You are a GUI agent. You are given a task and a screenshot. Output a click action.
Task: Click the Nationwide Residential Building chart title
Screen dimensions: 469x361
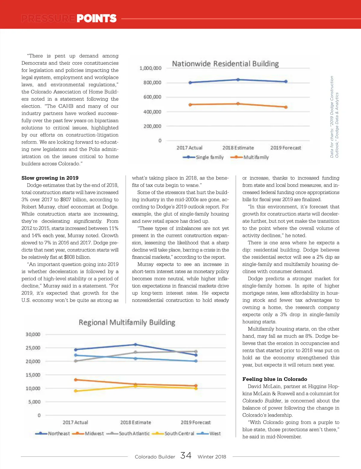(x=225, y=64)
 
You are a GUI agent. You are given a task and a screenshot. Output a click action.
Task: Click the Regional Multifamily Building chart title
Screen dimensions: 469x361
(x=127, y=322)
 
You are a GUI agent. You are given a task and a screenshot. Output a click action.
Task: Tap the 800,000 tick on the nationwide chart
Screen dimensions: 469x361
(x=152, y=82)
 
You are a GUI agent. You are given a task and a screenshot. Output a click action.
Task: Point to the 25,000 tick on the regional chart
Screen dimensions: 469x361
(x=33, y=348)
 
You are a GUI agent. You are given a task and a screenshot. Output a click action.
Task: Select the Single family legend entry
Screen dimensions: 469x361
(x=203, y=157)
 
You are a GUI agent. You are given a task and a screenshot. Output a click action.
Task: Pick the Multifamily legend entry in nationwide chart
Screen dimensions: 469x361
(x=250, y=157)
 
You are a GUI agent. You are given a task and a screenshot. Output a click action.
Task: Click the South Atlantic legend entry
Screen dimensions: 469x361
(x=128, y=433)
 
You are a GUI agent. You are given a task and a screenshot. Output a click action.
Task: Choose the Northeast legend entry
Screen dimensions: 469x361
(x=53, y=433)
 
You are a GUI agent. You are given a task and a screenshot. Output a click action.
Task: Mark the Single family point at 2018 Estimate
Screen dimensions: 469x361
(x=238, y=80)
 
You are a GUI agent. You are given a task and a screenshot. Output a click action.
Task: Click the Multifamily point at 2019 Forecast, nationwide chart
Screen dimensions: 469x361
(x=286, y=107)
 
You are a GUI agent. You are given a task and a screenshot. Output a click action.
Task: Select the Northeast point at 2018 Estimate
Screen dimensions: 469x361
(x=135, y=344)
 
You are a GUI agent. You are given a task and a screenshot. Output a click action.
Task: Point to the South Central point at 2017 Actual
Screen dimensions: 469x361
(x=76, y=391)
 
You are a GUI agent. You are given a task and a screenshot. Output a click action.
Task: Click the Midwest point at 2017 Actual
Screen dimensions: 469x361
(x=76, y=380)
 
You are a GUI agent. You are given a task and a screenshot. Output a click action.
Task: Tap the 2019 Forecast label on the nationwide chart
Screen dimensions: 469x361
(x=285, y=148)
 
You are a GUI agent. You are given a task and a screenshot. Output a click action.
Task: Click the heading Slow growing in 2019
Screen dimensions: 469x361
(x=50, y=178)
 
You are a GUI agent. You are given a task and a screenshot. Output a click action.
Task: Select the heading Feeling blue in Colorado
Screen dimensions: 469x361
(x=275, y=379)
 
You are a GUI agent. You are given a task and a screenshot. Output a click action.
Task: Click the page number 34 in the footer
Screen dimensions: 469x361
(x=186, y=455)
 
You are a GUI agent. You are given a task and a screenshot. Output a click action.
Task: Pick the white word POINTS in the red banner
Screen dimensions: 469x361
(x=96, y=19)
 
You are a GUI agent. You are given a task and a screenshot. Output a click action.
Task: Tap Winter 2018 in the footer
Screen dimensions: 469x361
(x=212, y=457)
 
